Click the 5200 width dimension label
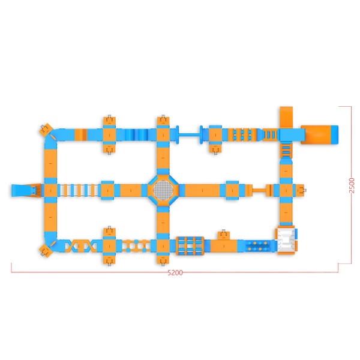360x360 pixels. [x=175, y=272]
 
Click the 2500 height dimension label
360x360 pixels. [x=352, y=185]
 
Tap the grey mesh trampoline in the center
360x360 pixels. [x=163, y=190]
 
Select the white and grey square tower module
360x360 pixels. [x=286, y=240]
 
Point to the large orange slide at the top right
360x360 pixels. [x=319, y=134]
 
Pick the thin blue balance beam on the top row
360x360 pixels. [x=189, y=135]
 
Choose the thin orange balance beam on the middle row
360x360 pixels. [x=259, y=190]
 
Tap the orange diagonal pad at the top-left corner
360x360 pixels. [x=46, y=129]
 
